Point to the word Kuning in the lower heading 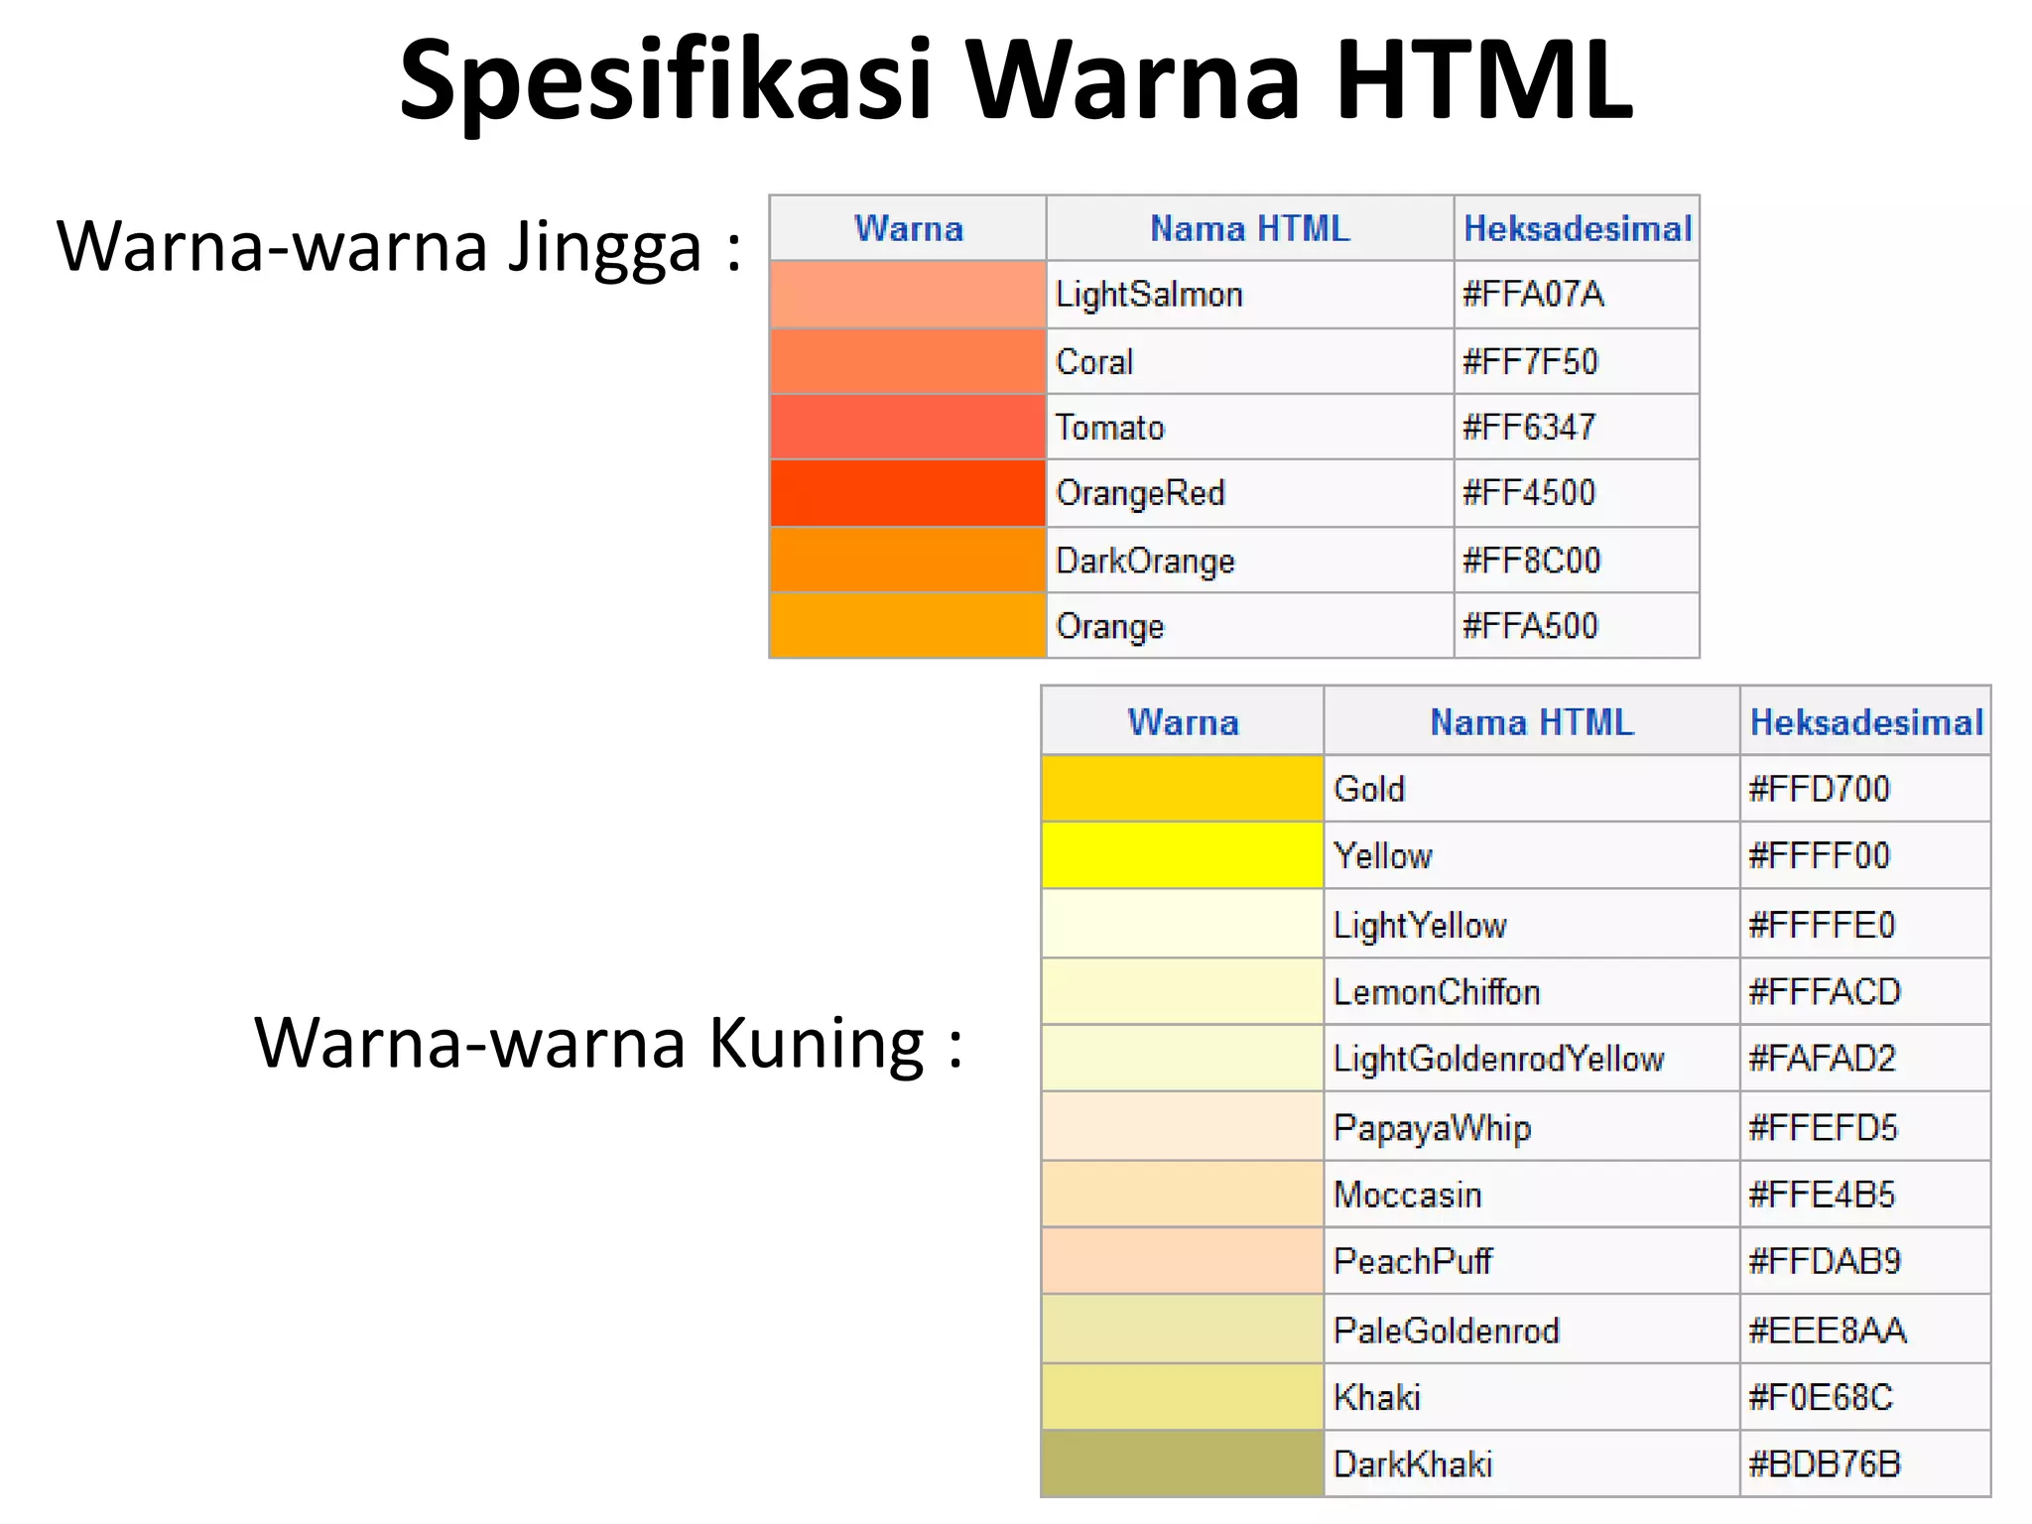(x=817, y=1044)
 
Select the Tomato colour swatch (x=908, y=427)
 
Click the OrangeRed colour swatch (x=908, y=493)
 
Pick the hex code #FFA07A (x=1533, y=295)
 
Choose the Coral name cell (x=1094, y=362)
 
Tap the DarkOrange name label (x=1145, y=561)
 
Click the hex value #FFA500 (x=1530, y=626)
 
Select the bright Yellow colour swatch (x=1182, y=855)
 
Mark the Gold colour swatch (x=1182, y=789)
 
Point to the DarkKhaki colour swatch (x=1182, y=1463)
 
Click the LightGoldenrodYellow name (x=1498, y=1059)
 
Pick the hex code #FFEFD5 (x=1823, y=1128)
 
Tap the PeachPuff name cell (x=1412, y=1261)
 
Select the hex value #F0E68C (x=1821, y=1397)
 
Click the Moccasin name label (x=1407, y=1195)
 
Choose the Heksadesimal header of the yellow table (x=1866, y=722)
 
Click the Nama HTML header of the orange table (x=1249, y=229)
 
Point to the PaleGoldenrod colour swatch (x=1182, y=1330)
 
